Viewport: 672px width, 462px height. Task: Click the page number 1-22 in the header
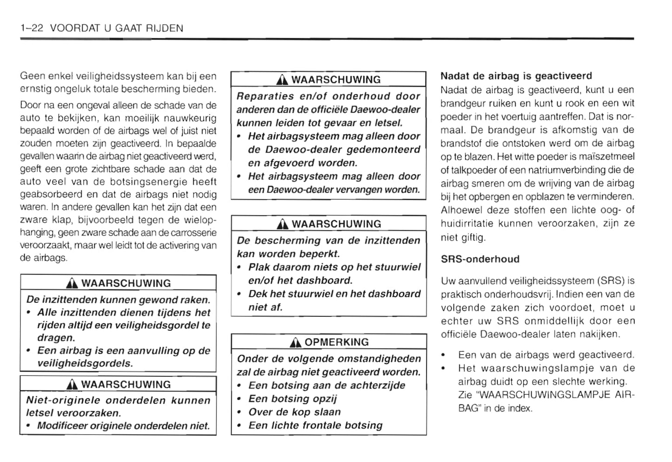tap(32, 28)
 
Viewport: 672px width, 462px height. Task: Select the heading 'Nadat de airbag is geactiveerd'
tap(516, 76)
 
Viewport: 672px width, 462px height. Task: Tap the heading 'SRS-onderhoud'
tap(480, 259)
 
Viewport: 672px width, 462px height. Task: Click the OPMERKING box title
tap(336, 342)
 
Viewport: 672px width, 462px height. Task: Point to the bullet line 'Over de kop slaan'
tap(294, 412)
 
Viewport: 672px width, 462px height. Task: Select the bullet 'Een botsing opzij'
tap(293, 399)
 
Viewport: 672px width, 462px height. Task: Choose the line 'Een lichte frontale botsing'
tap(315, 425)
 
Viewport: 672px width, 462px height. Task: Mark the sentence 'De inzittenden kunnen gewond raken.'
tap(119, 300)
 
